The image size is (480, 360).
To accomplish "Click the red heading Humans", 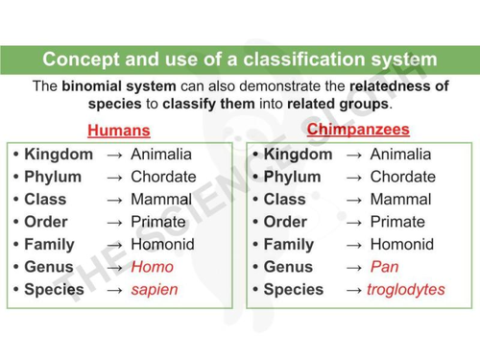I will [x=119, y=130].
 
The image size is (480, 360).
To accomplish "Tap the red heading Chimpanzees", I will [x=358, y=129].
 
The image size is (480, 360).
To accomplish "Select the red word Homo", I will [x=152, y=267].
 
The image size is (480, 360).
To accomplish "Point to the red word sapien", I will [x=155, y=289].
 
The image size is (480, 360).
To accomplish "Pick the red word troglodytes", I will [x=406, y=289].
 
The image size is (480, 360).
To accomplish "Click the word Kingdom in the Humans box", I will [x=59, y=154].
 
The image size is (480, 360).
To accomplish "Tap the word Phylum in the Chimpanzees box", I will [x=292, y=177].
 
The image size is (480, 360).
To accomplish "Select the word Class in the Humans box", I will [x=47, y=199].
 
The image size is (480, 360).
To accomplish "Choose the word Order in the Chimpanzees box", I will [x=286, y=222].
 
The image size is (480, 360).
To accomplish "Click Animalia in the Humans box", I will [x=161, y=154].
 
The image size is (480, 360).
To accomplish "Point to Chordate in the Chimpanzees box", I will [x=402, y=177].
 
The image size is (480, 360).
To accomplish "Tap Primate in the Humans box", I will [x=157, y=222].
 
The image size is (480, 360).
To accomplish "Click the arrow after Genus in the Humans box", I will [x=114, y=267].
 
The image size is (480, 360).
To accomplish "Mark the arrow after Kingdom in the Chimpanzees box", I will [x=353, y=154].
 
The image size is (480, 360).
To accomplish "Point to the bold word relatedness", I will [x=400, y=85].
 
